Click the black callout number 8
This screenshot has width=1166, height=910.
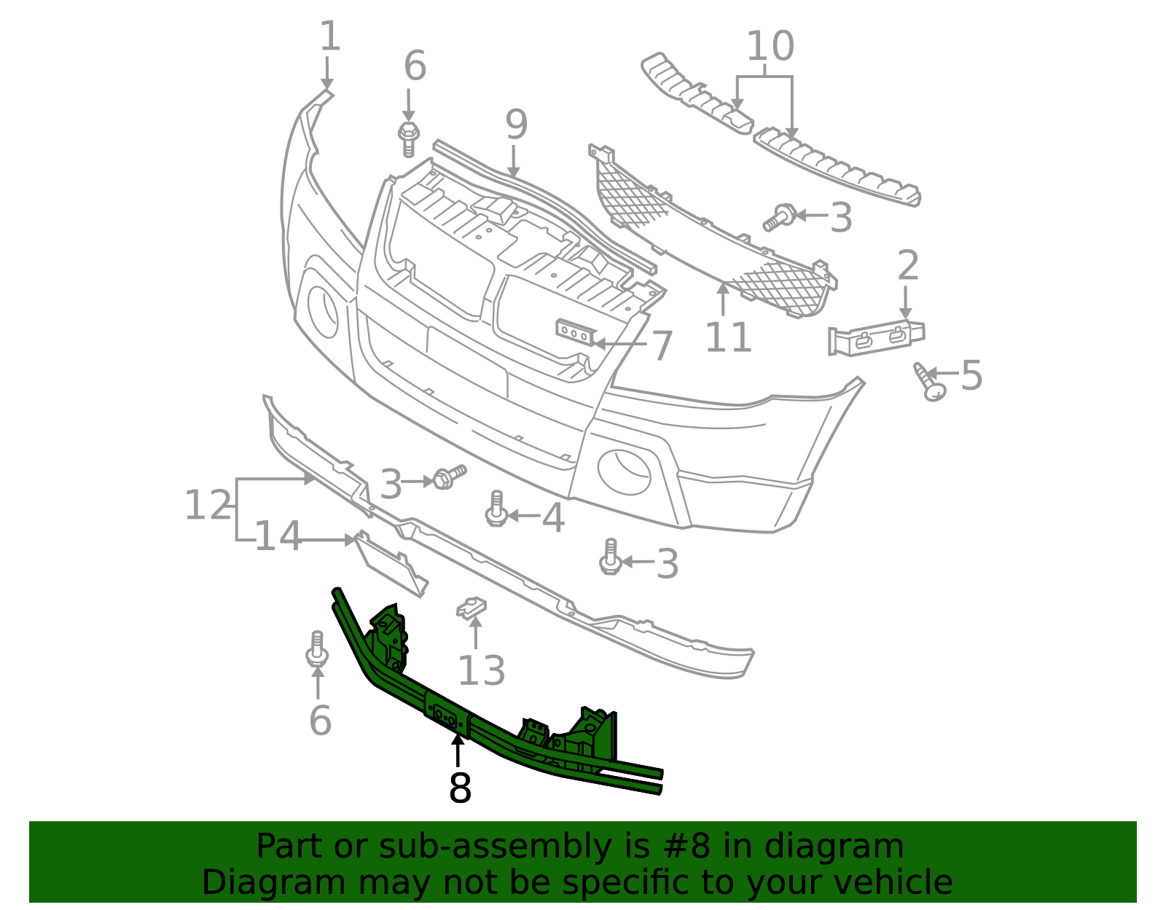(x=460, y=788)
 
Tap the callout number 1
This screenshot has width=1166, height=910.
(x=329, y=36)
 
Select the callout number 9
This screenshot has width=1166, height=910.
(x=516, y=125)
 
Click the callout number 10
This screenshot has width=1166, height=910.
(x=770, y=46)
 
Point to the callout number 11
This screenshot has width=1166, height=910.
(x=728, y=337)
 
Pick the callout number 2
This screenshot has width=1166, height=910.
(x=907, y=265)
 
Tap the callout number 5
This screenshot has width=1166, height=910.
(x=971, y=375)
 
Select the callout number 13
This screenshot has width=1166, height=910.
(x=481, y=670)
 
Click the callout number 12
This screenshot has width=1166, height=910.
(x=208, y=505)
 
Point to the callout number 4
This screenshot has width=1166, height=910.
(x=553, y=518)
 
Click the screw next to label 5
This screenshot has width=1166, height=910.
(x=929, y=382)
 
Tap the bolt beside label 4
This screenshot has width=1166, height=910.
(x=496, y=509)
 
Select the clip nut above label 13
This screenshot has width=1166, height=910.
(x=471, y=608)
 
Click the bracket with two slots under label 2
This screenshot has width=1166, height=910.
(x=876, y=338)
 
